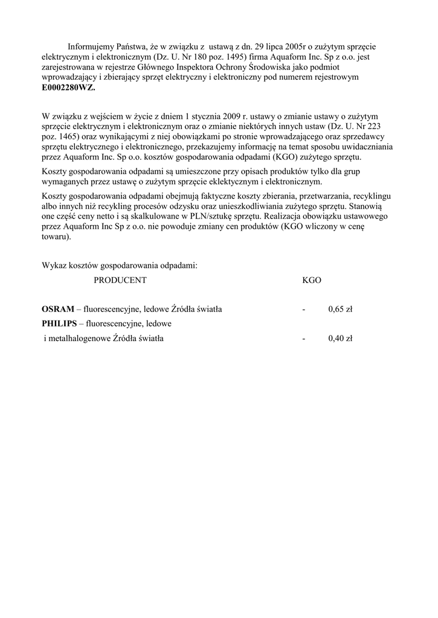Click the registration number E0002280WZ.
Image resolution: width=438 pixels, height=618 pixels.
(68, 88)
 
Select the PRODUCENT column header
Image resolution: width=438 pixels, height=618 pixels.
(120, 280)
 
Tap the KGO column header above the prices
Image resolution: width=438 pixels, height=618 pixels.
(311, 280)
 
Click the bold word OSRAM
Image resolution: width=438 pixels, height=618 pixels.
(57, 310)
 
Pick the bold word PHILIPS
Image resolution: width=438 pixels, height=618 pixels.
(59, 324)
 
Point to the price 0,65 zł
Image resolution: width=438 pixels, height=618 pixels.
(340, 310)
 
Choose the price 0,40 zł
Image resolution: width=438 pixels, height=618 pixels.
(340, 339)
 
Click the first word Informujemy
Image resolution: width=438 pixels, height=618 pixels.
(91, 46)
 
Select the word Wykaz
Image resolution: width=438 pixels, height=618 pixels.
(53, 265)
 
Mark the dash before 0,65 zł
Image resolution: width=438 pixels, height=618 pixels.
(304, 310)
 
